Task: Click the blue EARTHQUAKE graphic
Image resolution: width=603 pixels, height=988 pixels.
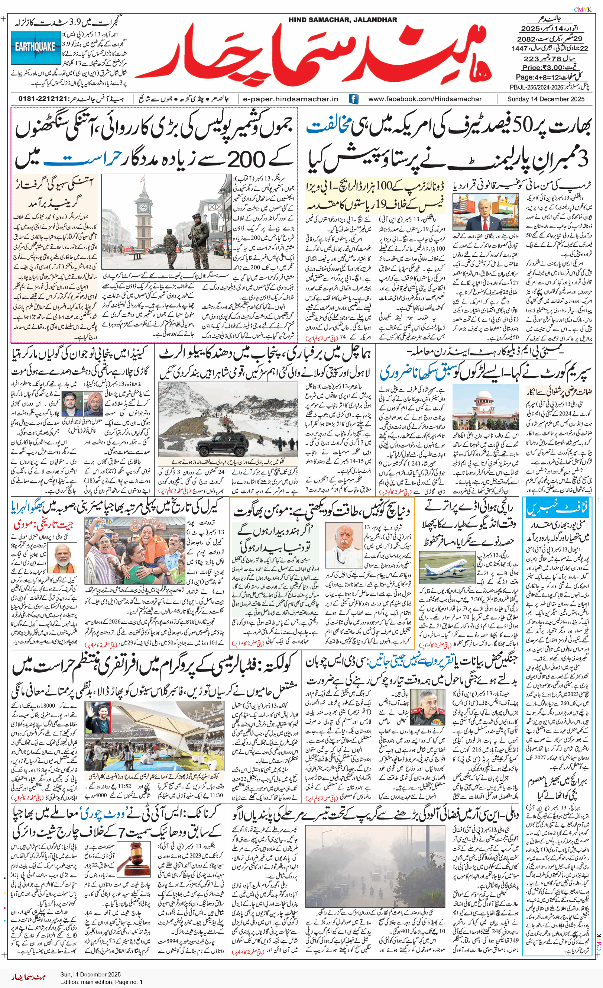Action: pyautogui.click(x=36, y=48)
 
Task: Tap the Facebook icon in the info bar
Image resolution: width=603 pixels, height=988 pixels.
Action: pyautogui.click(x=353, y=99)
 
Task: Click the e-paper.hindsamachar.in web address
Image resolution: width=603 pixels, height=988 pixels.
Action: pyautogui.click(x=291, y=99)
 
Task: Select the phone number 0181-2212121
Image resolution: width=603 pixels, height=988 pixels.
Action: pyautogui.click(x=42, y=99)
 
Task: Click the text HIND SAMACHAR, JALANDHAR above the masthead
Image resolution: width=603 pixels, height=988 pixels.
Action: pyautogui.click(x=343, y=20)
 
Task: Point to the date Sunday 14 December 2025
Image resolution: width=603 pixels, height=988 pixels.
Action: pyautogui.click(x=545, y=99)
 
